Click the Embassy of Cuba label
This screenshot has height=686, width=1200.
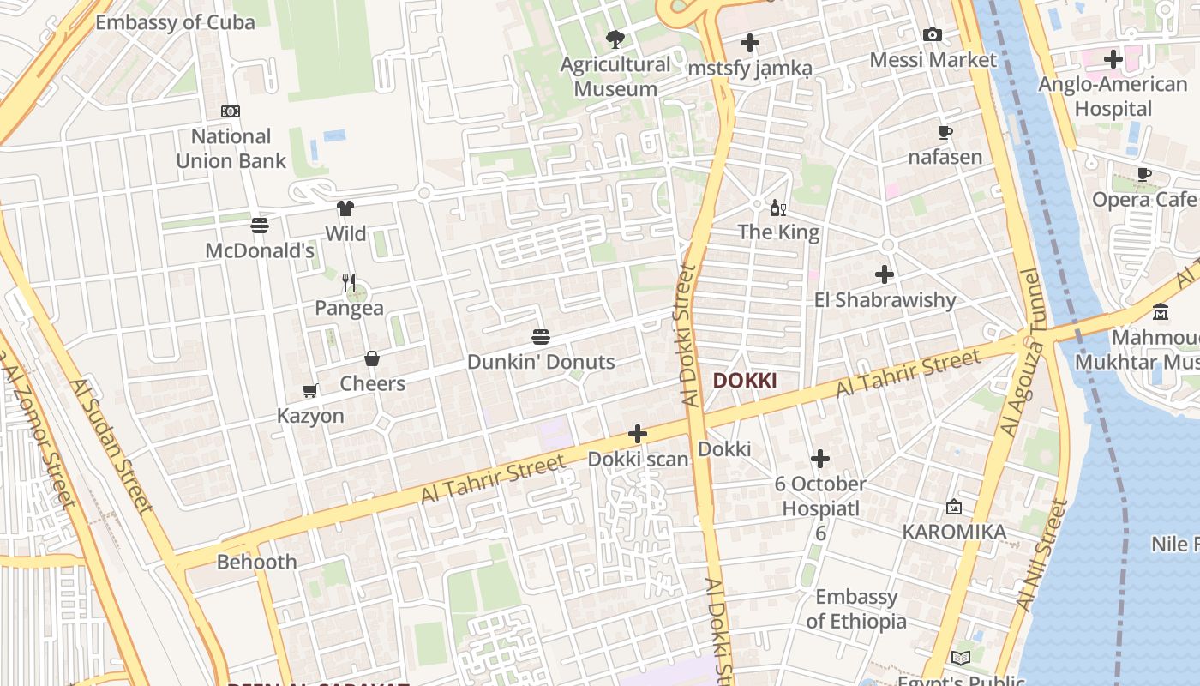coord(175,22)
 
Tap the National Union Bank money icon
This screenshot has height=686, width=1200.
coord(231,111)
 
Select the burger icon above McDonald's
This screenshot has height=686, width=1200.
coord(260,226)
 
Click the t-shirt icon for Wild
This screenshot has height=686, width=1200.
coord(345,208)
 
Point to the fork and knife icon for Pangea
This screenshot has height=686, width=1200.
coord(349,282)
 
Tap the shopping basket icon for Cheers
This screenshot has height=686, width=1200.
coord(372,358)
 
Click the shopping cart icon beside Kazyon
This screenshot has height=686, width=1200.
coord(310,391)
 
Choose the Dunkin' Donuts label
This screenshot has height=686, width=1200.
coord(541,362)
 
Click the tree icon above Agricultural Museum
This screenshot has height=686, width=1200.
coord(615,39)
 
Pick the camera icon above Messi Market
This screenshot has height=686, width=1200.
coord(933,35)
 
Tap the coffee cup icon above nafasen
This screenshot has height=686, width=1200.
coord(945,133)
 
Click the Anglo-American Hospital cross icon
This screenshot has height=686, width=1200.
coord(1113,59)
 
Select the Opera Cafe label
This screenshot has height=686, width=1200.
coord(1143,200)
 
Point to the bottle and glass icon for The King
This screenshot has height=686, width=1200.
coord(778,208)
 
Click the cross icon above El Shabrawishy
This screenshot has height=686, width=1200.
coord(885,275)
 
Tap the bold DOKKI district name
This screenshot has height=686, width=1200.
coord(745,381)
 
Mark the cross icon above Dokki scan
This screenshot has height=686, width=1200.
coord(638,434)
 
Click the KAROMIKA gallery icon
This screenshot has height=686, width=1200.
coord(954,508)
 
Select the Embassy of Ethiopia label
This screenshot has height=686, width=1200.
coord(856,609)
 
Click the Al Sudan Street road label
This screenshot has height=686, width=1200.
coord(112,446)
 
